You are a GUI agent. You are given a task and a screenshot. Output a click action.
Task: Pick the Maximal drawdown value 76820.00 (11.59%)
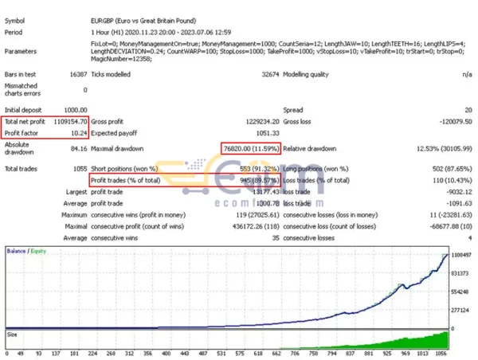tap(250, 148)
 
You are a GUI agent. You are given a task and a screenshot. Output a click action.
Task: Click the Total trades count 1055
tap(78, 169)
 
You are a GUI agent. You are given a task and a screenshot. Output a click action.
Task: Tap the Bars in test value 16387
tap(77, 74)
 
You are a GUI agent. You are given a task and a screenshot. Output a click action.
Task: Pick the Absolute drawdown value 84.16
tap(77, 148)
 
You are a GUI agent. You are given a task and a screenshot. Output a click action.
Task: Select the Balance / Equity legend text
tap(24, 251)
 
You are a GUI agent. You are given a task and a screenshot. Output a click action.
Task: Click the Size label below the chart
tap(12, 335)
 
